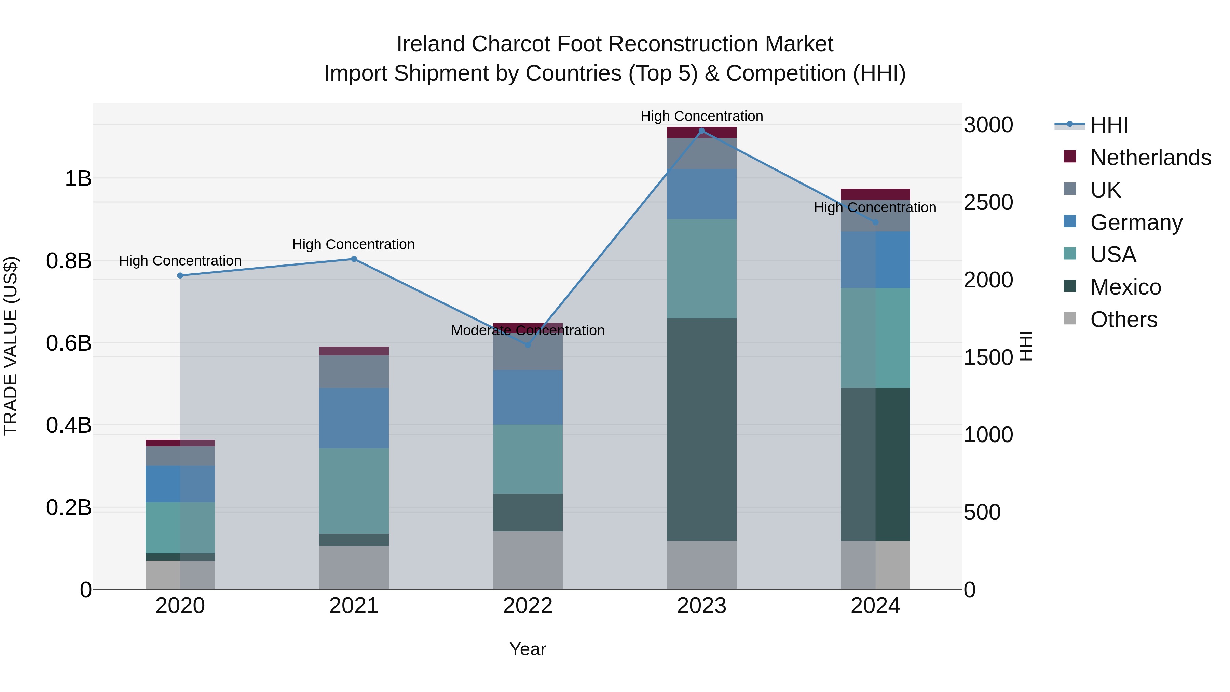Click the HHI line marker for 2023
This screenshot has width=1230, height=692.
coord(701,131)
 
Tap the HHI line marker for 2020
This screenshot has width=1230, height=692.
coord(180,275)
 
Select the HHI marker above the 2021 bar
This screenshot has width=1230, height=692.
coord(354,259)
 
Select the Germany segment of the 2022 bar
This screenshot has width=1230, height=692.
coord(528,397)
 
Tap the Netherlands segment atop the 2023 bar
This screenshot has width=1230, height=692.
coord(701,132)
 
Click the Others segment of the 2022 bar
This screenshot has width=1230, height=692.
coord(528,560)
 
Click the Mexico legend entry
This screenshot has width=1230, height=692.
coord(1125,287)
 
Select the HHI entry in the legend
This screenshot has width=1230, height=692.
coord(1109,125)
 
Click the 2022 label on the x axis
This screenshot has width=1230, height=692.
coord(528,606)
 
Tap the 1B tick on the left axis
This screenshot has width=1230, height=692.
coord(78,179)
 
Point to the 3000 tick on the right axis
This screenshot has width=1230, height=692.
coord(988,125)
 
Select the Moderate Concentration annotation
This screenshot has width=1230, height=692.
coord(528,330)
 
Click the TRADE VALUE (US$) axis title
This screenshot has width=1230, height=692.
coord(11,346)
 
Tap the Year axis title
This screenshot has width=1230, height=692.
coord(528,649)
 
